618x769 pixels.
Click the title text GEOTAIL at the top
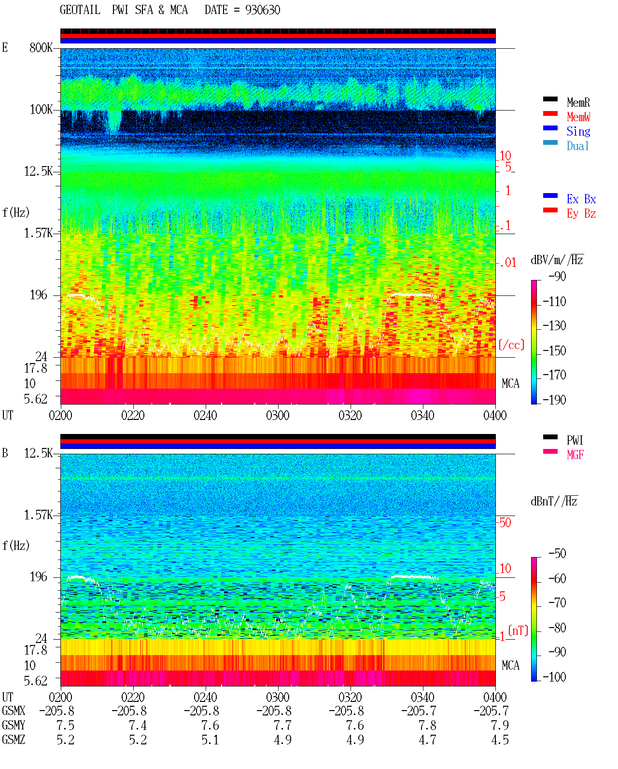tap(80, 10)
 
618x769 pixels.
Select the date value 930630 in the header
tap(262, 10)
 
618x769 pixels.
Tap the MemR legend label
tap(578, 102)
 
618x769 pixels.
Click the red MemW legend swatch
tap(550, 113)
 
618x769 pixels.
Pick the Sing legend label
tap(578, 131)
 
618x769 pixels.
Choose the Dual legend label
tap(578, 146)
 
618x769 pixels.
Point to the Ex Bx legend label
tap(581, 199)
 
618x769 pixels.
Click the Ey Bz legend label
tap(581, 214)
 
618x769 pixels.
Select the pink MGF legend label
tap(575, 455)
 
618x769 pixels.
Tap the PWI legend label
tap(575, 440)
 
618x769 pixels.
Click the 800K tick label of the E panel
tap(41, 47)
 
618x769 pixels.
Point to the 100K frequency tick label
tap(41, 110)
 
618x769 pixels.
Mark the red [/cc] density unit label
tap(511, 345)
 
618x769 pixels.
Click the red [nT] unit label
tap(518, 630)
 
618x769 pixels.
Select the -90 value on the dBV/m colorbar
tap(557, 277)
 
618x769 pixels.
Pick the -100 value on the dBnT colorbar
tap(554, 677)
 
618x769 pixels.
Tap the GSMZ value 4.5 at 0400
tap(500, 740)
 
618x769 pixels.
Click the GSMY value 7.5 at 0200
tap(65, 725)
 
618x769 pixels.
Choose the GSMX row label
tap(14, 711)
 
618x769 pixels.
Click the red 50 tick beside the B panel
tap(505, 522)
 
